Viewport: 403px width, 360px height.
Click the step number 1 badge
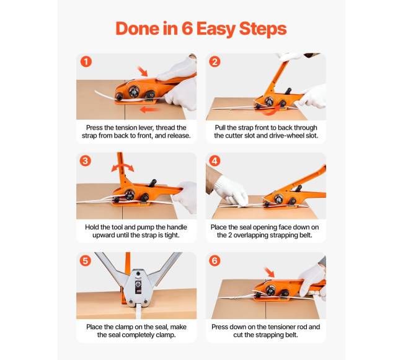[86, 61]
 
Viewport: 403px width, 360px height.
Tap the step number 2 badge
[215, 61]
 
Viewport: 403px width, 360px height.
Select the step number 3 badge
[86, 161]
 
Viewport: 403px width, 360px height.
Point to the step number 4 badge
[215, 161]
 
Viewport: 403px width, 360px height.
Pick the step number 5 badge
[86, 261]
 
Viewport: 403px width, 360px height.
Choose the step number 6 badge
[215, 261]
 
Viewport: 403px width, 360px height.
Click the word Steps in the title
[263, 29]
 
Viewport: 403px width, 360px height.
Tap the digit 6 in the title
[187, 29]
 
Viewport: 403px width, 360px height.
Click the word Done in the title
[138, 29]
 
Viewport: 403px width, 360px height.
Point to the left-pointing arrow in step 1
[149, 110]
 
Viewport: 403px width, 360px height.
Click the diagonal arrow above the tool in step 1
[143, 71]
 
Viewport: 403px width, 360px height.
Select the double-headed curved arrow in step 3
[123, 167]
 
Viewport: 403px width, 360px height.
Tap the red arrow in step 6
[270, 272]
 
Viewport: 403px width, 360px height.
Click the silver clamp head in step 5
[138, 287]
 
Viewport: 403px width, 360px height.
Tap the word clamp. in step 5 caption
[166, 335]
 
